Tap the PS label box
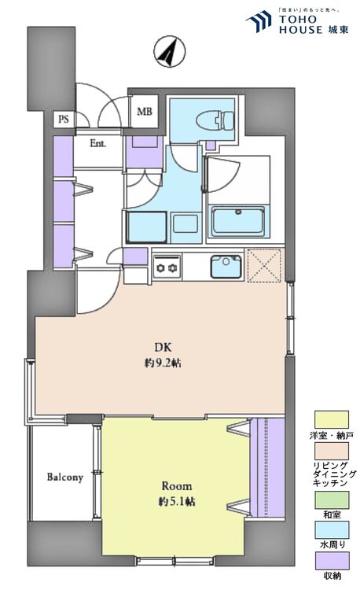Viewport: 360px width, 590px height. click(64, 119)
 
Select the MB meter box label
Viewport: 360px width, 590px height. click(145, 112)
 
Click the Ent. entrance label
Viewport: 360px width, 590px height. click(98, 143)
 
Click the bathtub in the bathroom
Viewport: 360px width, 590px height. click(238, 221)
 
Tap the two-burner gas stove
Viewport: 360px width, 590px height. click(167, 267)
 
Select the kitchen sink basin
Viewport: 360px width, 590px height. click(226, 266)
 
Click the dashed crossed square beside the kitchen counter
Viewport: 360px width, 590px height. click(264, 265)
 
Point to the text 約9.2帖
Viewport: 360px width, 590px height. click(163, 363)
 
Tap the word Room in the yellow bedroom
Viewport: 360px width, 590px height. click(177, 486)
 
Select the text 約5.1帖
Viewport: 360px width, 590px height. click(177, 502)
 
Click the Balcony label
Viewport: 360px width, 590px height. click(64, 478)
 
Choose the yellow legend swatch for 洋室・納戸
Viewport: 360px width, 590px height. click(332, 419)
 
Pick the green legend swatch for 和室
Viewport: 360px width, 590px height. click(332, 500)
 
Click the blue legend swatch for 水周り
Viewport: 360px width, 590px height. click(332, 530)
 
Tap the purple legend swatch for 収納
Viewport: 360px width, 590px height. click(332, 561)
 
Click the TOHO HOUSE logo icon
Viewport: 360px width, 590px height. click(259, 21)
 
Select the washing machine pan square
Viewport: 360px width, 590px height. click(146, 227)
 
